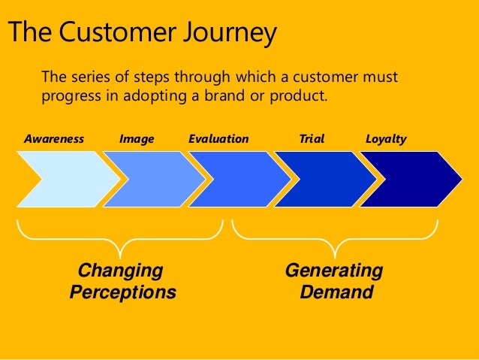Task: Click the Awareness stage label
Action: click(54, 139)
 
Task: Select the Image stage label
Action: click(137, 139)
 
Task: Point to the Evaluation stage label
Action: click(218, 139)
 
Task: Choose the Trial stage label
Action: click(312, 139)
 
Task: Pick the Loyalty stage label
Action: click(386, 139)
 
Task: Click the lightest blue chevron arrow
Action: click(64, 179)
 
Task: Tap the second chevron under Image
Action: click(150, 179)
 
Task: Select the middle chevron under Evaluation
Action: click(236, 179)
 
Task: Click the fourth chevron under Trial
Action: click(323, 179)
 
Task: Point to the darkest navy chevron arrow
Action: click(409, 179)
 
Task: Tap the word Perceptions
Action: click(122, 292)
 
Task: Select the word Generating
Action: click(334, 271)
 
